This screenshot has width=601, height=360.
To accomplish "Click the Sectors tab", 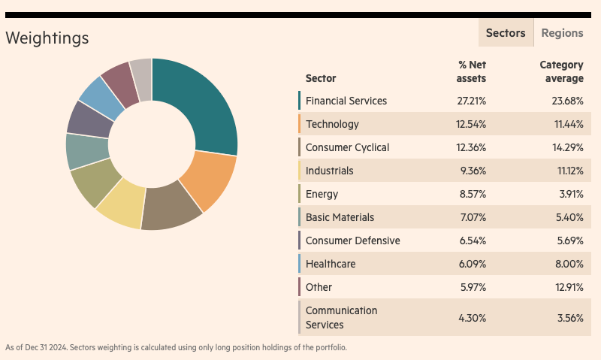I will [506, 33].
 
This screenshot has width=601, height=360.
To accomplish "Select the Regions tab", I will [562, 33].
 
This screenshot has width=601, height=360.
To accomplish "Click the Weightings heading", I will [47, 38].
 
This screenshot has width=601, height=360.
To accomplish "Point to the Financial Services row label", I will [346, 101].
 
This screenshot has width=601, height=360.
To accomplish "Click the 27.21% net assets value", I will [472, 101].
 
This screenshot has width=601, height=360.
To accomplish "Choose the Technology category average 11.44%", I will [569, 124].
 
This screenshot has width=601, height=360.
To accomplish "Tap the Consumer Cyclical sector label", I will [347, 147].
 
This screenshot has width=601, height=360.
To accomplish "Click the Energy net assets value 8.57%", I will [472, 194].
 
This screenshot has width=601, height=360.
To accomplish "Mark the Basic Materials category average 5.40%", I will [569, 217].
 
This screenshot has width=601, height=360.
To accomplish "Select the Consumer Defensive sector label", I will [352, 241].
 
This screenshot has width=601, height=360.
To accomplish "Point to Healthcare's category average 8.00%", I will [569, 264].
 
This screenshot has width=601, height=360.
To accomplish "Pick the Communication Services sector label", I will [341, 317].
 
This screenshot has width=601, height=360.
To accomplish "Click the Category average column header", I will [561, 71].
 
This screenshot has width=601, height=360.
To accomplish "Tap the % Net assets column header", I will [472, 71].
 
